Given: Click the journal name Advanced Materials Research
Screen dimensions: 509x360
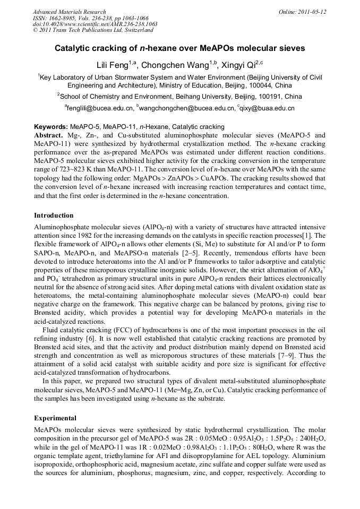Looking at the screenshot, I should (x=69, y=12).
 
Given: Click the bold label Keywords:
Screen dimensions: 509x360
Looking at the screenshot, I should (x=51, y=127).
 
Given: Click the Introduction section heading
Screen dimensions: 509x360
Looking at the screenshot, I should (x=54, y=215).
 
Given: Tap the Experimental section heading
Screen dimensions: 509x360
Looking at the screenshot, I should (x=55, y=418).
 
